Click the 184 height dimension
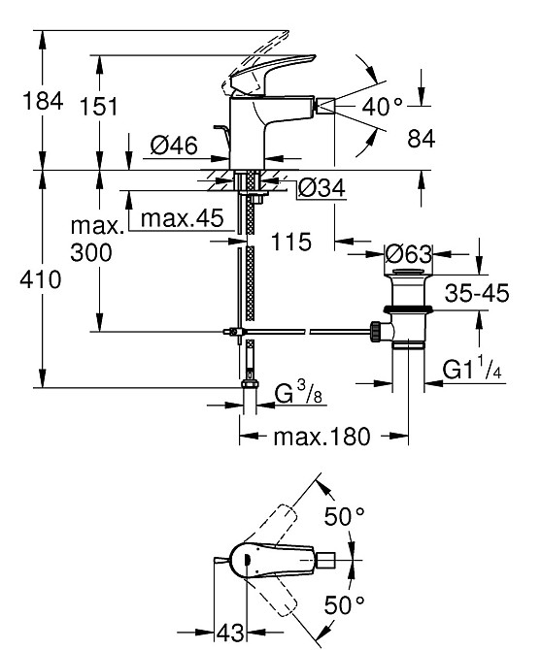[22, 100]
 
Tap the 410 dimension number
[22, 280]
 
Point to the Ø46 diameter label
[174, 146]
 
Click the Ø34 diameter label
[320, 188]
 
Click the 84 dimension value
[421, 140]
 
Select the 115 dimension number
[291, 243]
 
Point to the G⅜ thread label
[300, 397]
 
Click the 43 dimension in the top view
[229, 634]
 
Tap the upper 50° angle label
[344, 517]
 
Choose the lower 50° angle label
[344, 604]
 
